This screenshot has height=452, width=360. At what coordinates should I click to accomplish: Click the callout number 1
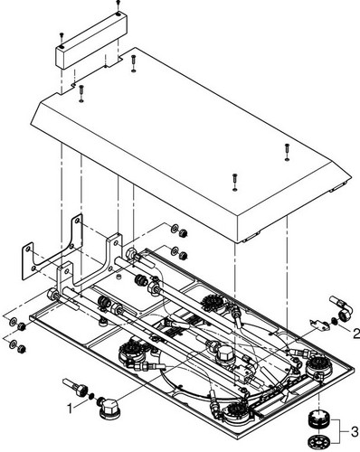pyautogui.click(x=70, y=409)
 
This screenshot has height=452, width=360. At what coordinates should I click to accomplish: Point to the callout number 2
pyautogui.click(x=355, y=334)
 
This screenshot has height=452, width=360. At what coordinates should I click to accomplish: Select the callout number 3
pyautogui.click(x=355, y=431)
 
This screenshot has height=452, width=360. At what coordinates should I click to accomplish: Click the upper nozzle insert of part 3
pyautogui.click(x=316, y=421)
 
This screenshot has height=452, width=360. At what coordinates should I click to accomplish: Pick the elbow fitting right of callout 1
pyautogui.click(x=108, y=409)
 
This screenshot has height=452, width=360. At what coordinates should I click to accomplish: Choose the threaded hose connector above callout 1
pyautogui.click(x=75, y=387)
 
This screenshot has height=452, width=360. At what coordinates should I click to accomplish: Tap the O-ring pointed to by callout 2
pyautogui.click(x=334, y=322)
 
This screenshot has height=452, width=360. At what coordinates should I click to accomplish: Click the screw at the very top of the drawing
pyautogui.click(x=118, y=4)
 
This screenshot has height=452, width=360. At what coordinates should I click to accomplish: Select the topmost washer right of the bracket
pyautogui.click(x=175, y=229)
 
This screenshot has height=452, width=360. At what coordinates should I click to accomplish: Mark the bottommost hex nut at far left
pyautogui.click(x=22, y=349)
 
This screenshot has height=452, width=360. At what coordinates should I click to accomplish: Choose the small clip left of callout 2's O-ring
pyautogui.click(x=317, y=324)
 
